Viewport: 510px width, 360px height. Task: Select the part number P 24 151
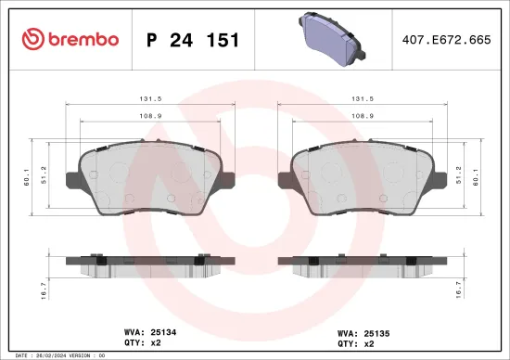194,40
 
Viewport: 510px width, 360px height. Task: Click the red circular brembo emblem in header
32,39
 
